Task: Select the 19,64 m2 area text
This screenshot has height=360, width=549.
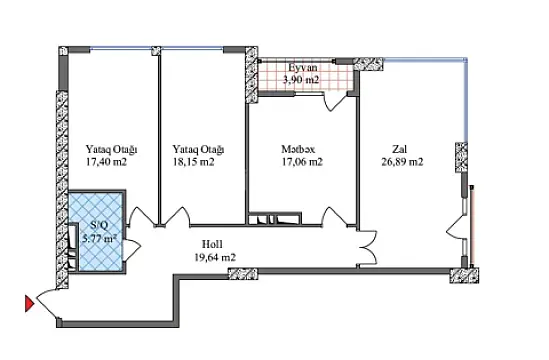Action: [x=213, y=257]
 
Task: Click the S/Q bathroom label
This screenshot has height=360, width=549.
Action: [x=98, y=226]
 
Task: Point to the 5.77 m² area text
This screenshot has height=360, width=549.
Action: [x=99, y=239]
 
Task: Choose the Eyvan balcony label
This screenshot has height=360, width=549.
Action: [x=301, y=66]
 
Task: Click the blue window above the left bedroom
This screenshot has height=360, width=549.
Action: [x=110, y=46]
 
